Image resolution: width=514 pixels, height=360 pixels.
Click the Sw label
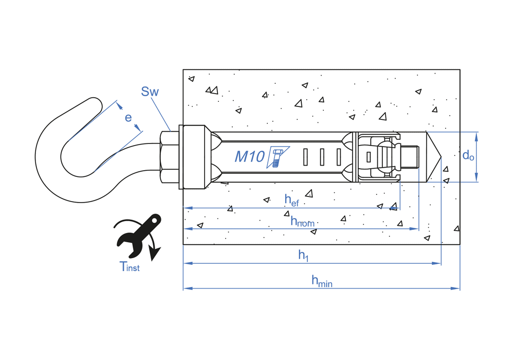(150, 92)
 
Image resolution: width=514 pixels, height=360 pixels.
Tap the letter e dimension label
(128, 117)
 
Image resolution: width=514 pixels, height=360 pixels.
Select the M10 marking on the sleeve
(249, 156)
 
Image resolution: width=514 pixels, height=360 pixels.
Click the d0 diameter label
(468, 155)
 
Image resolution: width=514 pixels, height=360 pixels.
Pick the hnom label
(302, 222)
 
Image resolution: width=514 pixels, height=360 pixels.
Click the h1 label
(304, 256)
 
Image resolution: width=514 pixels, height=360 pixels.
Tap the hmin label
(322, 281)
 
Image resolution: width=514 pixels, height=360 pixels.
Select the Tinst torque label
(129, 266)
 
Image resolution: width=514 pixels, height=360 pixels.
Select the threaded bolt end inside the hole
(411, 157)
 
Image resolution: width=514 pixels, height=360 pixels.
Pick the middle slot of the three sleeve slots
(322, 157)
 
